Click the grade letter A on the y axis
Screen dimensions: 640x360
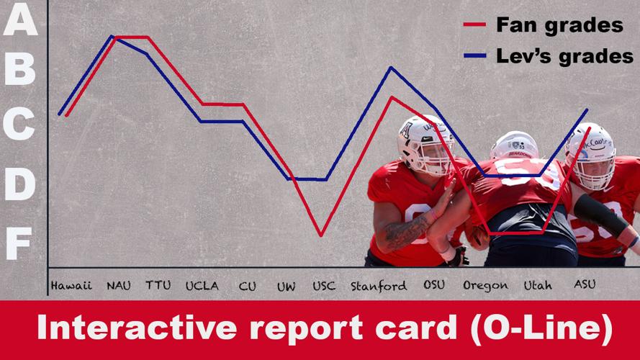point(20,19)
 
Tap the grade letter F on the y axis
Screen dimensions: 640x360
point(19,243)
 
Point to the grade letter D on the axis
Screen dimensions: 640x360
point(20,184)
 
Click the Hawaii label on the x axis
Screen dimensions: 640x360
point(71,285)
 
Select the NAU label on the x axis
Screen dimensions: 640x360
point(118,285)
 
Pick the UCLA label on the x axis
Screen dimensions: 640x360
point(202,286)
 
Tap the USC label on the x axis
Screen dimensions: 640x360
point(324,286)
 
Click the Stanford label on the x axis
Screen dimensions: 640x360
point(379,286)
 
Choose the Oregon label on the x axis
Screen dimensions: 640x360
point(485,286)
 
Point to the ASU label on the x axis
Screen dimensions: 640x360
point(585,284)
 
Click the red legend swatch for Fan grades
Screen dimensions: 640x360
point(474,25)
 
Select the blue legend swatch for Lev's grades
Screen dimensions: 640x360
point(474,55)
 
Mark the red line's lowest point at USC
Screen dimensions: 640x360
point(321,235)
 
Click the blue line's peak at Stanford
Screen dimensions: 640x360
point(391,68)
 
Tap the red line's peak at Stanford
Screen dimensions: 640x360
point(392,97)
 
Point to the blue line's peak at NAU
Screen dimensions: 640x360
point(112,36)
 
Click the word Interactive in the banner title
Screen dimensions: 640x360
point(137,328)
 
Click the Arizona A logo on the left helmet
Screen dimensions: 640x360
point(405,131)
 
